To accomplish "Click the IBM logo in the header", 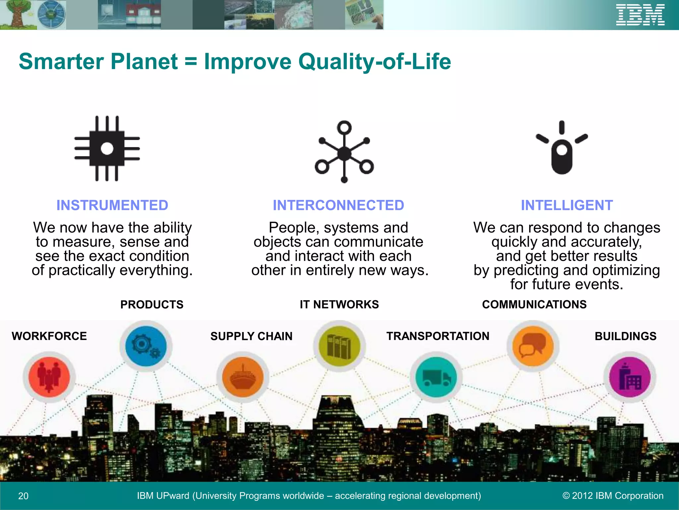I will click(x=640, y=15).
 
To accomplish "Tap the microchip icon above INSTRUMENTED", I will click(x=107, y=148).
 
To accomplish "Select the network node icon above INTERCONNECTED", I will click(x=344, y=152).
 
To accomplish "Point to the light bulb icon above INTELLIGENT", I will click(x=562, y=148).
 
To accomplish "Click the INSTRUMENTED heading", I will click(x=112, y=205).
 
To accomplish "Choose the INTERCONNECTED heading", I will click(x=339, y=205).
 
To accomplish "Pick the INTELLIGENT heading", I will click(x=567, y=205).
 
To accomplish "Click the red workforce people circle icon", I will click(x=49, y=377).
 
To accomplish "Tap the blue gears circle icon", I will click(x=146, y=346).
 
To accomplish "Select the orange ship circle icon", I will click(x=243, y=377).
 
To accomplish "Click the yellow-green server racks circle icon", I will click(x=339, y=346).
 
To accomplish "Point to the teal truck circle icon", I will click(x=436, y=377).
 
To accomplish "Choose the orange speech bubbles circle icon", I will click(x=533, y=346).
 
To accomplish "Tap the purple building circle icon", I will click(x=629, y=377).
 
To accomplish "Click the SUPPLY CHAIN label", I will click(x=251, y=336).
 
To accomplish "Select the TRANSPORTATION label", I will click(x=438, y=336).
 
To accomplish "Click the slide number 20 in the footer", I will click(x=23, y=496).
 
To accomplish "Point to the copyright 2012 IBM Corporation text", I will click(x=613, y=496).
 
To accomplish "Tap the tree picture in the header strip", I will click(x=17, y=15).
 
